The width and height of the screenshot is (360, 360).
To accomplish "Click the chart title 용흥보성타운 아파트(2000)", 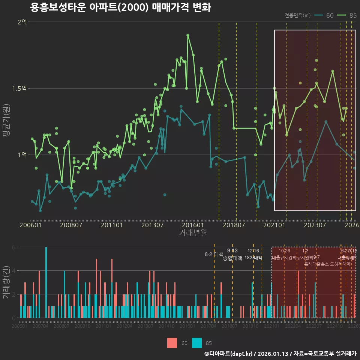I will coord(120,8).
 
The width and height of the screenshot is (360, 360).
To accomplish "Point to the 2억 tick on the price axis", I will coord(22,22).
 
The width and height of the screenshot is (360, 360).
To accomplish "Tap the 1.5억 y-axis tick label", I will coord(19,88).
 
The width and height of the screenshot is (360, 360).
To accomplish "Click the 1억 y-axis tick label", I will coord(22,154).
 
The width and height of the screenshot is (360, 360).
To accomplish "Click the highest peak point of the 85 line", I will coord(188,35).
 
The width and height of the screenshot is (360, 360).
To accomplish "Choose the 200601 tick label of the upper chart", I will coord(30,225).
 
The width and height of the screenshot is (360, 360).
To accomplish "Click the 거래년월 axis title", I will coord(193,233).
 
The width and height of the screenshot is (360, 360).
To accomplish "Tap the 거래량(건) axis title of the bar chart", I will coord(6,282).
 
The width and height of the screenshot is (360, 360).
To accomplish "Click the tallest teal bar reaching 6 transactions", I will coord(46,282).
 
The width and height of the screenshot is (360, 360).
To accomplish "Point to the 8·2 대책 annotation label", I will coord(213,254).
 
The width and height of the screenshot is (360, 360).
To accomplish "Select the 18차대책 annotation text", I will coord(253,258).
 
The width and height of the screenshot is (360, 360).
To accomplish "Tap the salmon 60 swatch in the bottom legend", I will coord(172,343).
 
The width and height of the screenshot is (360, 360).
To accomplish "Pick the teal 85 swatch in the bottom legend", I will coord(197,343).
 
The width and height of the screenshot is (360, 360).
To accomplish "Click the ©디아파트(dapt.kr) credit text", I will coord(229,354).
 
